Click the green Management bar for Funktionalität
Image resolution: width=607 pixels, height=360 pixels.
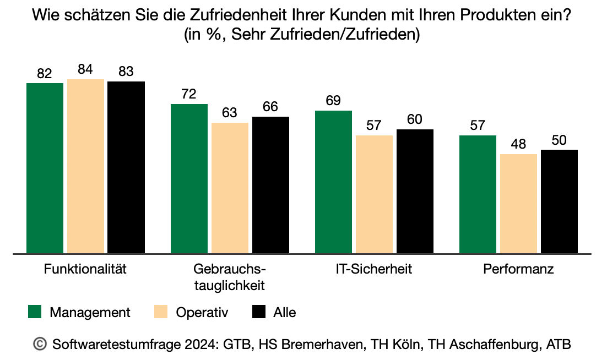[45, 168]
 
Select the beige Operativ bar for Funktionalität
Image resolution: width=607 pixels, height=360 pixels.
[85, 166]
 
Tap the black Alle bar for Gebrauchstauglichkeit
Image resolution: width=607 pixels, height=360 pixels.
[270, 186]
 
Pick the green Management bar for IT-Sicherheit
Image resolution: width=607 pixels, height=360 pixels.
[333, 182]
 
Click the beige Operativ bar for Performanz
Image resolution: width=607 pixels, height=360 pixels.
[518, 204]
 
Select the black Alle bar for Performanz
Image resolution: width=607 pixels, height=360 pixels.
[559, 201]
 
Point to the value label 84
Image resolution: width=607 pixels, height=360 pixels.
[85, 70]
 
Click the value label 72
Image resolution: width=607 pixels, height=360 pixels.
[189, 94]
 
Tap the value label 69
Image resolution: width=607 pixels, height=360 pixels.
[333, 101]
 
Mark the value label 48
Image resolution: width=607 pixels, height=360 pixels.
[518, 144]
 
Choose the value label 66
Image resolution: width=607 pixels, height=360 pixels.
[270, 107]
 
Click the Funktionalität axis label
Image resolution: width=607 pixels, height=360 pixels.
[85, 270]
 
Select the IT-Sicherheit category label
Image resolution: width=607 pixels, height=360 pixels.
[373, 270]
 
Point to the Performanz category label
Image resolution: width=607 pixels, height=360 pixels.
[518, 270]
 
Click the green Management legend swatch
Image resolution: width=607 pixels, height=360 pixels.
[35, 313]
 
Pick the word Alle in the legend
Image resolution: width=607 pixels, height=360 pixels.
[284, 313]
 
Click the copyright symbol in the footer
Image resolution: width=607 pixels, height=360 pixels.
[40, 344]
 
